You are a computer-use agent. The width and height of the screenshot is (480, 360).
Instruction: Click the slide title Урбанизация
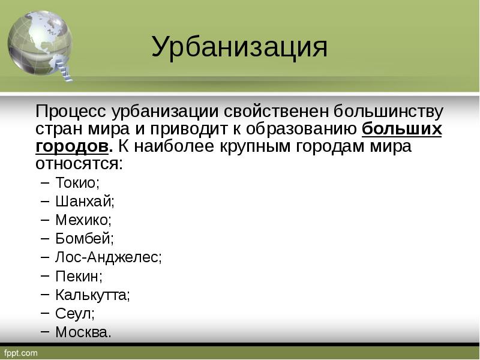(239, 47)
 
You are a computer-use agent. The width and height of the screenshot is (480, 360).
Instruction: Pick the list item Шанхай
(85, 201)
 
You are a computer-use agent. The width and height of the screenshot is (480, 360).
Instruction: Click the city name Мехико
(83, 220)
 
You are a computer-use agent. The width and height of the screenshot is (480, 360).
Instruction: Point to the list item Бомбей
(84, 238)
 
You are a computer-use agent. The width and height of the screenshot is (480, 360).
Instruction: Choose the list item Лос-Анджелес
(109, 257)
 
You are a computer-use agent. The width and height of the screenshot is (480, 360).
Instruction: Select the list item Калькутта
(92, 295)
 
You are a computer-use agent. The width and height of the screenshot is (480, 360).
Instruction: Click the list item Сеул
(75, 313)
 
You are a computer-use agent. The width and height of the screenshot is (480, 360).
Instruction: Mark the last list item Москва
(83, 332)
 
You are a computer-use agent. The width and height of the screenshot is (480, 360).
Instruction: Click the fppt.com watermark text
(20, 353)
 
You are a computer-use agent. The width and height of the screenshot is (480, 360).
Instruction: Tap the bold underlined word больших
(402, 129)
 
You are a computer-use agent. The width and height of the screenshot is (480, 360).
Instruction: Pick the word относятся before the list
(79, 163)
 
